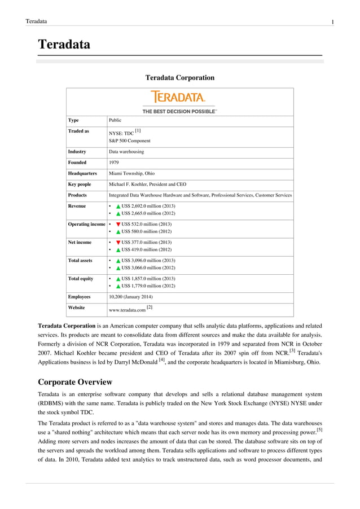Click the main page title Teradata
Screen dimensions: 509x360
pyautogui.click(x=64, y=45)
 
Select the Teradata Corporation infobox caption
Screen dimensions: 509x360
pyautogui.click(x=179, y=77)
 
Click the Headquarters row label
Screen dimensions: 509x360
pyautogui.click(x=82, y=173)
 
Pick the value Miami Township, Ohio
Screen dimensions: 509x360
pyautogui.click(x=131, y=173)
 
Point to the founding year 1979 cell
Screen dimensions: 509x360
pyautogui.click(x=113, y=163)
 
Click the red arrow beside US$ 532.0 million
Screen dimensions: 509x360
pyautogui.click(x=118, y=224)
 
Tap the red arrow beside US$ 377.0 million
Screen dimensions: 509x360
pyautogui.click(x=118, y=242)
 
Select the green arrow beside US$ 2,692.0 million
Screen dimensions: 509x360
pyautogui.click(x=118, y=206)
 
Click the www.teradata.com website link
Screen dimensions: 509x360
pyautogui.click(x=127, y=310)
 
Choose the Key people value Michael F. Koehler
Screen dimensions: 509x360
pyautogui.click(x=147, y=184)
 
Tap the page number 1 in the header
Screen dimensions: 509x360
pyautogui.click(x=332, y=22)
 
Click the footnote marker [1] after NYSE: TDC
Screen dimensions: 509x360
pyautogui.click(x=138, y=130)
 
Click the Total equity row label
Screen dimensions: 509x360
pyautogui.click(x=81, y=278)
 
